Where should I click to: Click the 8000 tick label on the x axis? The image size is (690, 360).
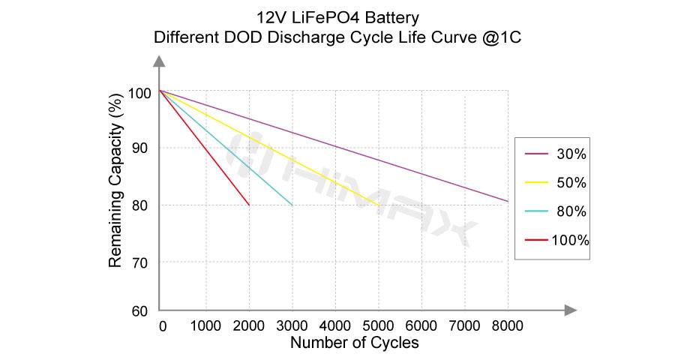pos(508,326)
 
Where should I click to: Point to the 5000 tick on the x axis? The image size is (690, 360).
pos(379,326)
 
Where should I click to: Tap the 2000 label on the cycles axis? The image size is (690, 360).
pos(249,326)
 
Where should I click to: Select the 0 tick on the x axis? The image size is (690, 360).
pos(163,326)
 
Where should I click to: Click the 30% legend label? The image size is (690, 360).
pos(571,154)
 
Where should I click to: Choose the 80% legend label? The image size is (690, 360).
pos(571,211)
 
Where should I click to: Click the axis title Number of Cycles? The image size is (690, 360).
pos(354,343)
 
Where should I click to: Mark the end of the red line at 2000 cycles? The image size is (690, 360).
pos(249,205)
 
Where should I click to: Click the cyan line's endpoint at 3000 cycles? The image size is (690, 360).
pos(292,205)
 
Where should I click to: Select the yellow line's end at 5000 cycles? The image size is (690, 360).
pos(379,205)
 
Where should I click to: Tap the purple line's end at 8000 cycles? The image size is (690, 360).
pos(508,201)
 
